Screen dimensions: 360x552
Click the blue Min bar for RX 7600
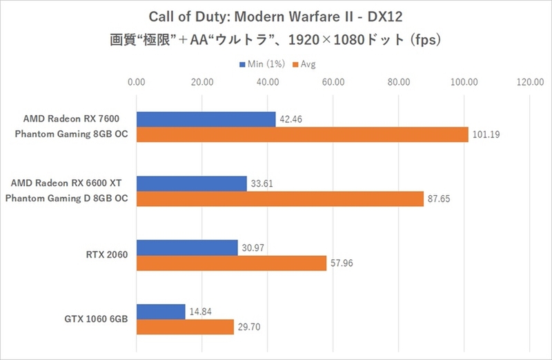[206, 119]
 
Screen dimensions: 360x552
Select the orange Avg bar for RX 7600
[302, 134]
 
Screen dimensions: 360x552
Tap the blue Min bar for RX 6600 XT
[191, 183]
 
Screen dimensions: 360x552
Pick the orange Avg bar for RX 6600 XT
[280, 199]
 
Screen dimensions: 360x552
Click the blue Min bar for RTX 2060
[187, 247]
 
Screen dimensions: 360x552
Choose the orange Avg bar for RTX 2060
[231, 263]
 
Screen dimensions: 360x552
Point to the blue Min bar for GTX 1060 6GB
[161, 311]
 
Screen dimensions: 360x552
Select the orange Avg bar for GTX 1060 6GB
[185, 327]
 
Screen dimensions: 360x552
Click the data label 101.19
[485, 134]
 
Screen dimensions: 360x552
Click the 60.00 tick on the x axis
[333, 83]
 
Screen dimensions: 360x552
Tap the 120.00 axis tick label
[530, 83]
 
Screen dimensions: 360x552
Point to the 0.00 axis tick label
[137, 83]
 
